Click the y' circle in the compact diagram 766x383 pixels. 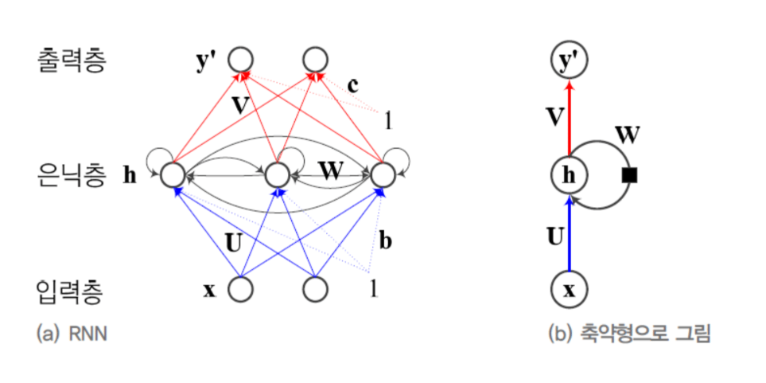click(569, 60)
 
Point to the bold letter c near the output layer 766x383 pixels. click(355, 83)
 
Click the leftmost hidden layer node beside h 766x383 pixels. click(173, 174)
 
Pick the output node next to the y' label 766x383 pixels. click(241, 60)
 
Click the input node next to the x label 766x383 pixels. click(240, 289)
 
